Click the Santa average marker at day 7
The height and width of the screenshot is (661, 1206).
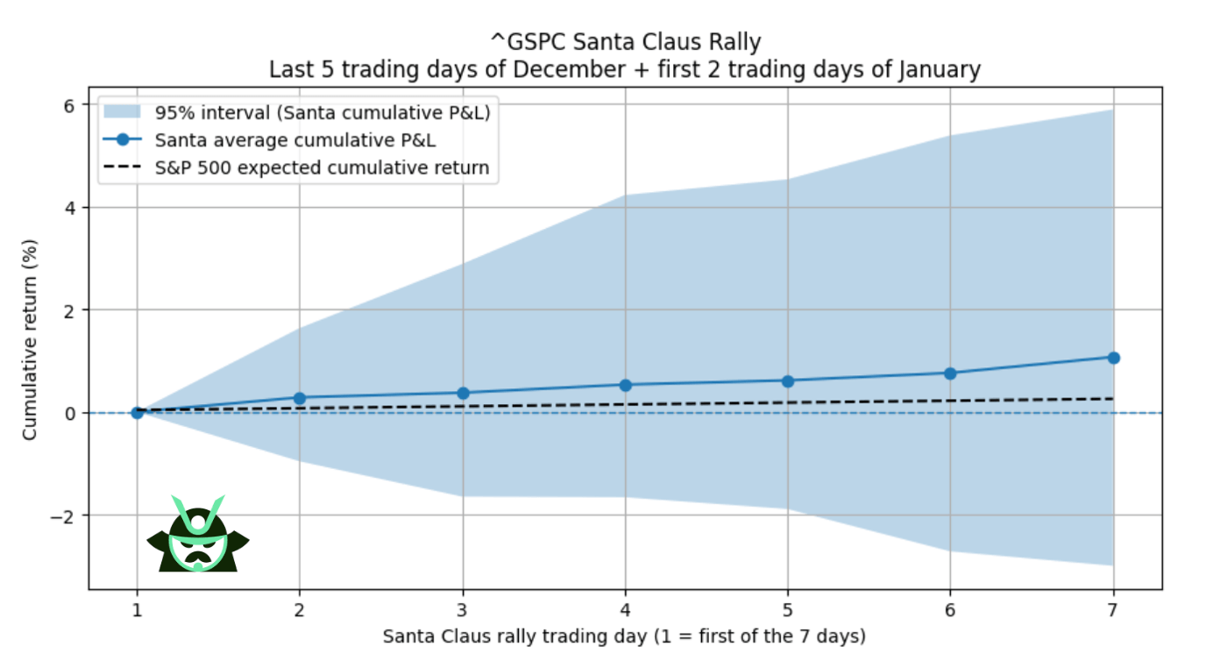(1113, 358)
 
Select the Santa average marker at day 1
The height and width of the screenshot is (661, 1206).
(138, 412)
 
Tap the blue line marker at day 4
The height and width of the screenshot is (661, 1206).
(626, 385)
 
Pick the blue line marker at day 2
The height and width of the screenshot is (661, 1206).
(300, 398)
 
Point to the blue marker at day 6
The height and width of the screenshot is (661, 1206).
(950, 373)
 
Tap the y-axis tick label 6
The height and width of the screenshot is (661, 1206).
(69, 105)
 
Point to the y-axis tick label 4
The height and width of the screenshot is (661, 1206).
(69, 208)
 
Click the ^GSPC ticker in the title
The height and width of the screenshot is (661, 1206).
(526, 41)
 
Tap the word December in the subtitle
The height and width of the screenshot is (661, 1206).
(562, 69)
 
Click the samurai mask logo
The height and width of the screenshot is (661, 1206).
(198, 535)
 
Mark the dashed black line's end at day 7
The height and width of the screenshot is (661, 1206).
(1113, 399)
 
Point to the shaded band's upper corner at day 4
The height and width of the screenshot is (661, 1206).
(626, 195)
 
